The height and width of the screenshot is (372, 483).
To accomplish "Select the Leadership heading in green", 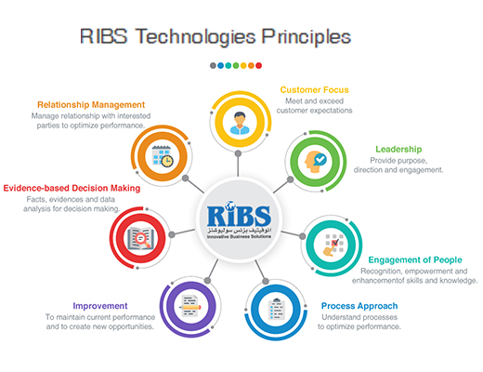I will [400, 149].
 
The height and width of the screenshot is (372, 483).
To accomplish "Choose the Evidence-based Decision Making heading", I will [72, 189].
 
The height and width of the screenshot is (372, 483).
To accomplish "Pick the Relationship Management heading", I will [91, 105].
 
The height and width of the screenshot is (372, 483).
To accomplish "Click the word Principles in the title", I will [304, 37].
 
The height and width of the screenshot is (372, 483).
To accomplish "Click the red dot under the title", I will [258, 65].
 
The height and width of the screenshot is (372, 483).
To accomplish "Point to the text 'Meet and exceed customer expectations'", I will [317, 104].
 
